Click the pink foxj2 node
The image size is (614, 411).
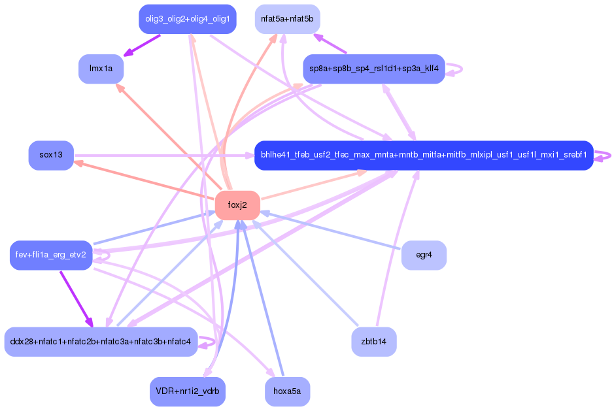(x=237, y=205)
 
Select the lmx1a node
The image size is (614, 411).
(x=101, y=69)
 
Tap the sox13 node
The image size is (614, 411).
(x=51, y=155)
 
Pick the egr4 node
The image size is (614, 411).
(x=424, y=255)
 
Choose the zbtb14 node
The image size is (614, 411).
(x=373, y=341)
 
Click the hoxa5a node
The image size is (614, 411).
(x=287, y=391)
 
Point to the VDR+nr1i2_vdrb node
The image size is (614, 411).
(x=187, y=391)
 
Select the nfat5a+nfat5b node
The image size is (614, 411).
(x=287, y=19)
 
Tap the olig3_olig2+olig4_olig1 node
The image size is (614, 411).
(x=187, y=19)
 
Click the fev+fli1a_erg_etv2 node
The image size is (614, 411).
(x=50, y=255)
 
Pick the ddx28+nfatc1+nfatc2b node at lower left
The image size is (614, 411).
(x=101, y=341)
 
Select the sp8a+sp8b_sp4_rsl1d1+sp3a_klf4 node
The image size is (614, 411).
(x=373, y=69)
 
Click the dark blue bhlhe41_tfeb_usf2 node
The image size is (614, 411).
(x=424, y=155)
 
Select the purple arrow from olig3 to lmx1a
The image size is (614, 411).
(x=142, y=44)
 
